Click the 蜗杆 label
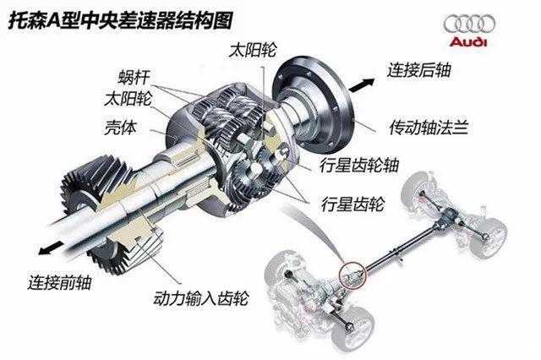pos(134,77)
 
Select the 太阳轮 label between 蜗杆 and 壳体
pos(128,99)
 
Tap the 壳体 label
pos(120,128)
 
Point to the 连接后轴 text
pos(418,70)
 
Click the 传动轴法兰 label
pos(429,128)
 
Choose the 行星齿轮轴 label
pos(359,165)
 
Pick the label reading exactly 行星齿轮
pos(352,204)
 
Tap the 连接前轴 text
pos(59,282)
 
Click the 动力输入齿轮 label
pos(201,298)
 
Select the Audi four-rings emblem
pos(469,25)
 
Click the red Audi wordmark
pos(468,42)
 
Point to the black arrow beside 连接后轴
pos(361,85)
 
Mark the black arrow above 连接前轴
pos(51,248)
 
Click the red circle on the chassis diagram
pos(352,275)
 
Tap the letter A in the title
pos(53,20)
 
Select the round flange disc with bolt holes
pos(312,106)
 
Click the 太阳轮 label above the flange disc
pos(252,50)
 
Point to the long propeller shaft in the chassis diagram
pos(400,246)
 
